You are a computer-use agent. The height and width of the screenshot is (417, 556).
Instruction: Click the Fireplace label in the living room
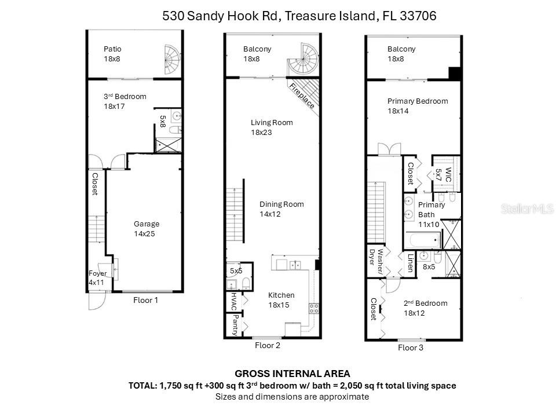pos(301,95)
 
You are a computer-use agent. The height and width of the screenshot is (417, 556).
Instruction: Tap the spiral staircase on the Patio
pos(173,59)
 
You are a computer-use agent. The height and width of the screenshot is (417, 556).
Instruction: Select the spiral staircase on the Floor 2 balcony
pos(303,59)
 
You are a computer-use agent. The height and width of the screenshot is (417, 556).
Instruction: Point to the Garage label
pos(147,224)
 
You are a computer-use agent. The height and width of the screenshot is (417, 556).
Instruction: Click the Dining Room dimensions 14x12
pos(270,214)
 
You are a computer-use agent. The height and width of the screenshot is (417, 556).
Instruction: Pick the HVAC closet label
pos(234,301)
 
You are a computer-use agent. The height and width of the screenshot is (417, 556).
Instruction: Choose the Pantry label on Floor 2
pos(235,325)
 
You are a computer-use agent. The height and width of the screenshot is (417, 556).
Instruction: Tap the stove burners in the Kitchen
pos(313,308)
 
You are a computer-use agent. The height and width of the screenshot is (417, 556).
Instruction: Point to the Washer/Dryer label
pos(376,261)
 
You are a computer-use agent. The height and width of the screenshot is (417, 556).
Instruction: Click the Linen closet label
pos(410,263)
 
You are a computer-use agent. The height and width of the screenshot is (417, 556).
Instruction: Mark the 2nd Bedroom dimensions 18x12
pos(414,313)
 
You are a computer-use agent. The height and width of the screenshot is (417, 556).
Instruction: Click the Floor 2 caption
pos(268,345)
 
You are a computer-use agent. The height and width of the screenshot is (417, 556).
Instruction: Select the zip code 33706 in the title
pos(418,16)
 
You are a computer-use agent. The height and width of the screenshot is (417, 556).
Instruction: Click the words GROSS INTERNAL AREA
pos(292,374)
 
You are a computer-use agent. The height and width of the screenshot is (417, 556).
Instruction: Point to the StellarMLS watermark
pos(527,209)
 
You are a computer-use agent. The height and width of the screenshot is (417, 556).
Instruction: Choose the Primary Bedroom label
pos(418,101)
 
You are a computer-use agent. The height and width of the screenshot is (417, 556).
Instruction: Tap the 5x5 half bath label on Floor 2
pos(236,271)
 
